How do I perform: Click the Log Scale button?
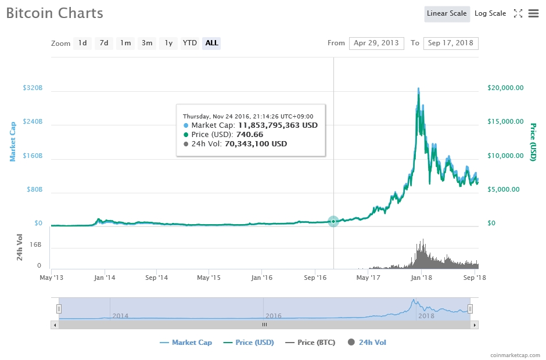[490, 13]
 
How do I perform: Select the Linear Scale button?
[447, 13]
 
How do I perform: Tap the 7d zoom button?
[104, 43]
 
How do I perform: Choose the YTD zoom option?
[189, 43]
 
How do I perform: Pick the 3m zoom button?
[147, 43]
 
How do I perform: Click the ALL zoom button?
[211, 43]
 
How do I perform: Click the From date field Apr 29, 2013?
[376, 43]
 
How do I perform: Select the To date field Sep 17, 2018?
[450, 43]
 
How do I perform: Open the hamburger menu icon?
[533, 13]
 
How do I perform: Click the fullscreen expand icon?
[518, 13]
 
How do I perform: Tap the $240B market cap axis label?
[33, 122]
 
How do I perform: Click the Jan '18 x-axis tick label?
[422, 278]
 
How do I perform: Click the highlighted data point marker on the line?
[333, 221]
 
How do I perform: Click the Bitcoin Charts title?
[55, 13]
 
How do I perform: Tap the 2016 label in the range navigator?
[274, 315]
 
